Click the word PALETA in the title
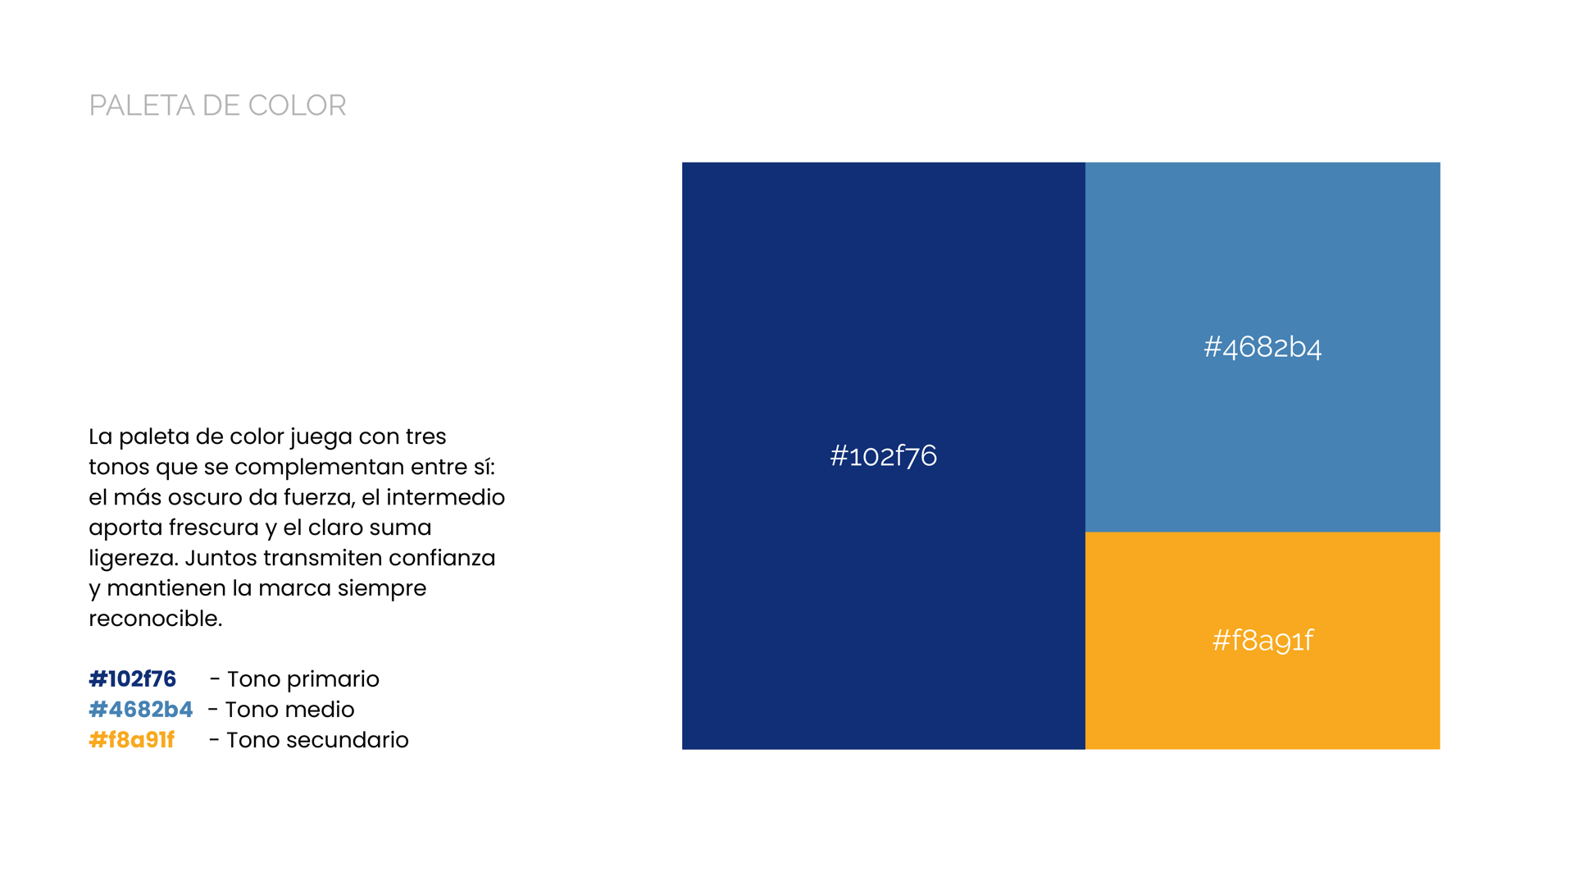142,106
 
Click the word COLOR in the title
297,106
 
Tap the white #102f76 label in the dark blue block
883,455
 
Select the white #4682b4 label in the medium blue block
1262,347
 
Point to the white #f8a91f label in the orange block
1262,640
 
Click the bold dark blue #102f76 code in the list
133,679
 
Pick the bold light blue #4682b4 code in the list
141,710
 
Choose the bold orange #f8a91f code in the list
132,740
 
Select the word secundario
360,740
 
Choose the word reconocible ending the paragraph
155,619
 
